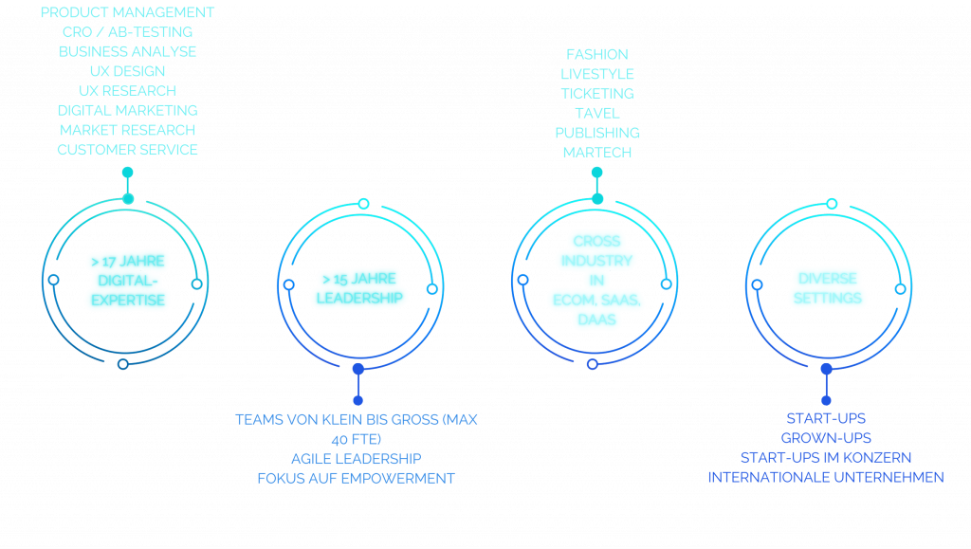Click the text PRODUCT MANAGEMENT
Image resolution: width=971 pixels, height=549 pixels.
[127, 12]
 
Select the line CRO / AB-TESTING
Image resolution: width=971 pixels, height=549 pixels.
[127, 32]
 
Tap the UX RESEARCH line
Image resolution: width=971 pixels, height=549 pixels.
[127, 91]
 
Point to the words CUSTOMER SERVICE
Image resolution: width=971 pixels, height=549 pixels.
[127, 150]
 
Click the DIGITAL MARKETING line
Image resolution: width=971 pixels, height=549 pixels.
[127, 111]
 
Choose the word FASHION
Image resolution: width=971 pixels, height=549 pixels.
[596, 54]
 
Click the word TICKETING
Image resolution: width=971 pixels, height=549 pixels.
[596, 93]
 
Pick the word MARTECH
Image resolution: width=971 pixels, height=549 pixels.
[596, 152]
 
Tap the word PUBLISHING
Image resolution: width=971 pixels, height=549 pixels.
[596, 133]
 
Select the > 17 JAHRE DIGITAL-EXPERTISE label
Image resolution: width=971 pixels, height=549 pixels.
[127, 281]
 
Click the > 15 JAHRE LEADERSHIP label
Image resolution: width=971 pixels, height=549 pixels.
[359, 288]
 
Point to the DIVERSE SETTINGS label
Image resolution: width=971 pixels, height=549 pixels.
[828, 288]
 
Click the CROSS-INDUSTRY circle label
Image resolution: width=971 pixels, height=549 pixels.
[596, 281]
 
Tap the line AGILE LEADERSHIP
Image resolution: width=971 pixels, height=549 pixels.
[356, 459]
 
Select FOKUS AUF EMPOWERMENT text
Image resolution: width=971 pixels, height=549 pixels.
[356, 478]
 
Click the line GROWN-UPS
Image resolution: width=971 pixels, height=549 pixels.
[826, 438]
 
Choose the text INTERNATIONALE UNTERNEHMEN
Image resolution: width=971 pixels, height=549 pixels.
[826, 477]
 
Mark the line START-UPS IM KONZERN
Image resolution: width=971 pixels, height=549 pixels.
[826, 458]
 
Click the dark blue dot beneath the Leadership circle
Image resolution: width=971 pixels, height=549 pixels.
[357, 368]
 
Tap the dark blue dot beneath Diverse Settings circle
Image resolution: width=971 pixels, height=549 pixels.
[826, 368]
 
